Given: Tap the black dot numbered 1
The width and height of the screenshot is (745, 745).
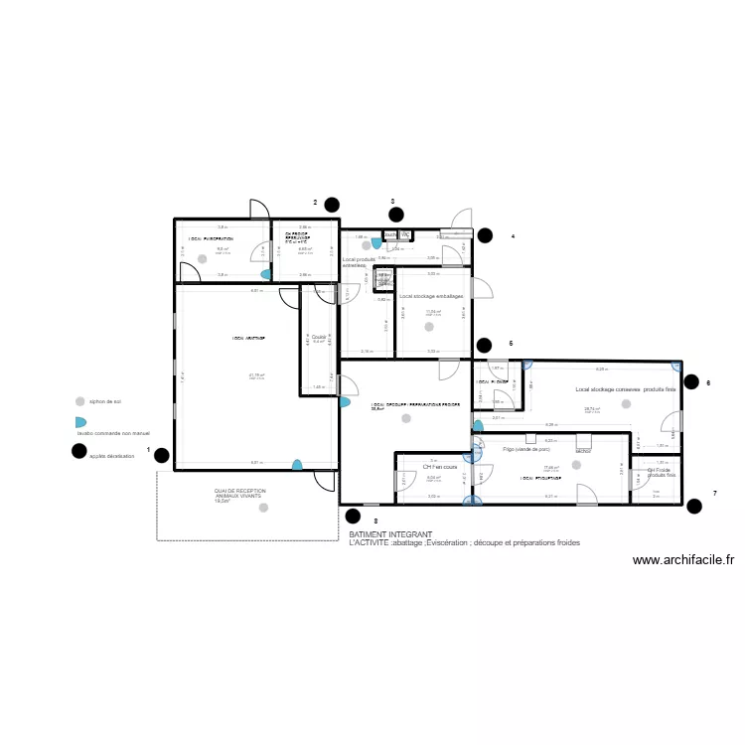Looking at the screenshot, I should pos(161,457).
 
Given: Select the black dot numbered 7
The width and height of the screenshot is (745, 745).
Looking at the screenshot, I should pos(694,506).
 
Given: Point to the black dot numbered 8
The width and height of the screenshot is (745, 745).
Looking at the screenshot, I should pos(352,515).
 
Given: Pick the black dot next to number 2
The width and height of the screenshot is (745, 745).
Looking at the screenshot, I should pos(331,206).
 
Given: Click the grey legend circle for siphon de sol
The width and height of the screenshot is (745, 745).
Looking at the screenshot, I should pos(79,401).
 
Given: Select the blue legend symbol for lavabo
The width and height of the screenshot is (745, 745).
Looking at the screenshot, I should pos(80,422).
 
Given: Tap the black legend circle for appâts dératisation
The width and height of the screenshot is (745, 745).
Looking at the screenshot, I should pos(78,451).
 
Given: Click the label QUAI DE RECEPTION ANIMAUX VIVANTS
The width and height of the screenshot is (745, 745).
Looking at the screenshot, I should pos(238,494).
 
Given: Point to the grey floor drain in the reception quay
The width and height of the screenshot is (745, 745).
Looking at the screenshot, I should pos(262,508).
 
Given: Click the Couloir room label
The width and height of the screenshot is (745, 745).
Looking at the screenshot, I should pos(318,338).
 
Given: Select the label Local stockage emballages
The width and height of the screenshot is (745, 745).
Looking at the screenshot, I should pos(432,296).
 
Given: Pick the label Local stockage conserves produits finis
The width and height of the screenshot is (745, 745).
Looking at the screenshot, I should pos(625,389).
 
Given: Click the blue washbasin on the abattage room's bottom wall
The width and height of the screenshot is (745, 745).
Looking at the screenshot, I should pos(296,464).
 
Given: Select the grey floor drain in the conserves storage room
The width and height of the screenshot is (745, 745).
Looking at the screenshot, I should pos(625,419).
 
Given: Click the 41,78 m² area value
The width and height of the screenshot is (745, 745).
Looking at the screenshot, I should pos(256,374).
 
